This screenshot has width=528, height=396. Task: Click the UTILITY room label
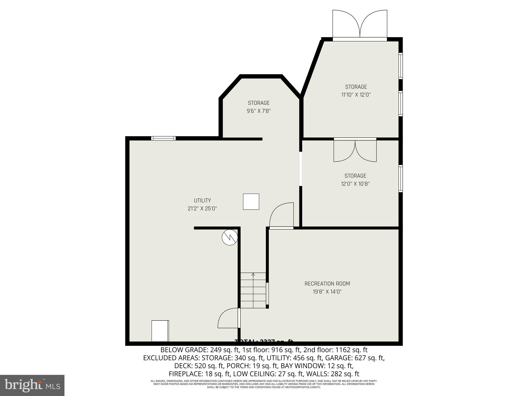(202, 200)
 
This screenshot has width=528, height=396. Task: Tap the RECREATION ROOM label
(327, 284)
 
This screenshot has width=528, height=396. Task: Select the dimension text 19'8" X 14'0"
(327, 292)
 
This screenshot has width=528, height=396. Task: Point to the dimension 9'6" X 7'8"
(259, 111)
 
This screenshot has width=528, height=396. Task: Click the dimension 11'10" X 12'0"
(356, 95)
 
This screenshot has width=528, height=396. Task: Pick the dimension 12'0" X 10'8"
(355, 184)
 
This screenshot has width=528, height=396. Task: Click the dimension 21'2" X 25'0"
(202, 209)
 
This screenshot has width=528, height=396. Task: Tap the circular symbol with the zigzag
(229, 237)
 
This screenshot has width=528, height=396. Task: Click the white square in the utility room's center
(251, 202)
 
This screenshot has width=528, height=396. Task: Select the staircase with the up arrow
(253, 290)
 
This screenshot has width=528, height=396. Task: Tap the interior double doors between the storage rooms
(355, 151)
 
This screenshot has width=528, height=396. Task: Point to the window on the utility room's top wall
(163, 138)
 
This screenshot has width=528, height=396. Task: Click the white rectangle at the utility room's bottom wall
(160, 331)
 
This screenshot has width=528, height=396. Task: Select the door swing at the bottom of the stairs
(228, 318)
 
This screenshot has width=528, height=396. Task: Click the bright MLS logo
(32, 385)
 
